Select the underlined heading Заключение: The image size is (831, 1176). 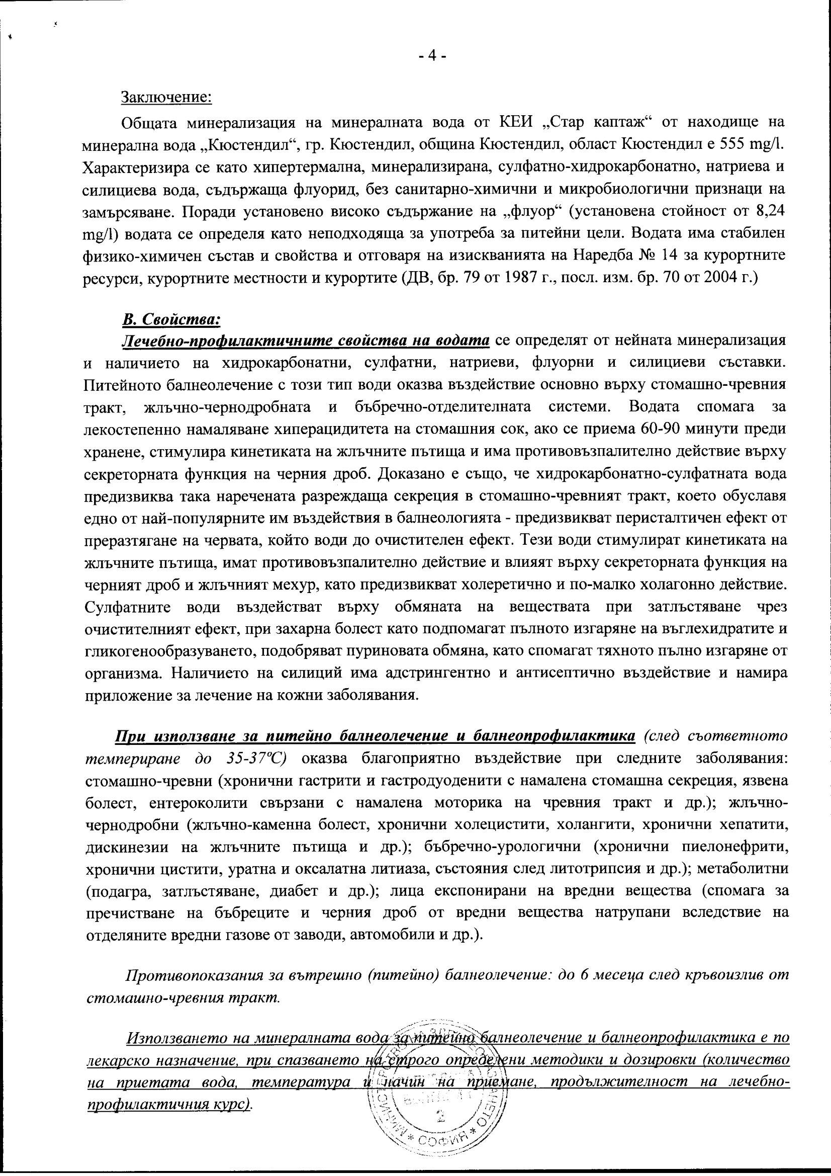tap(166, 97)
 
